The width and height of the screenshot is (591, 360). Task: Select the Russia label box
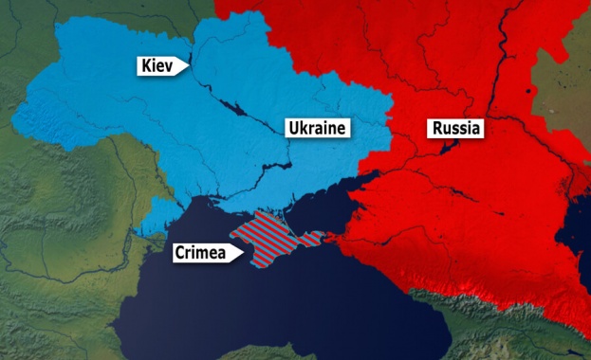[x=456, y=128]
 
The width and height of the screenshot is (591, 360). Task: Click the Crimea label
[x=201, y=254]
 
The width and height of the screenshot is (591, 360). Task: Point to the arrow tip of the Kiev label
[x=189, y=66]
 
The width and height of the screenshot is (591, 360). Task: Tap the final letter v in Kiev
[x=172, y=66]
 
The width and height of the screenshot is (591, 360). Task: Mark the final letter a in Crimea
[x=221, y=254]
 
